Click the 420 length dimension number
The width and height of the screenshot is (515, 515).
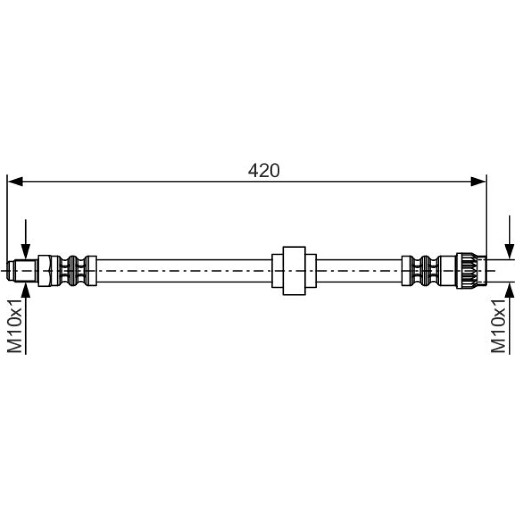[264, 170]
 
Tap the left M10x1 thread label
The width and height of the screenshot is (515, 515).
[15, 325]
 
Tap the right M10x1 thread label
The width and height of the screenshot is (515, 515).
[499, 325]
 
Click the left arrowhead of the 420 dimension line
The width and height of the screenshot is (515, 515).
[15, 181]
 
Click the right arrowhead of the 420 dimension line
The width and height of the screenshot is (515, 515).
[478, 181]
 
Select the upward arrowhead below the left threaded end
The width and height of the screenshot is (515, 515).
[26, 290]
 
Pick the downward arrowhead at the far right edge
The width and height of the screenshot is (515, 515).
[509, 251]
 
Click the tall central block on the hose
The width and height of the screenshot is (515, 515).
[294, 271]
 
